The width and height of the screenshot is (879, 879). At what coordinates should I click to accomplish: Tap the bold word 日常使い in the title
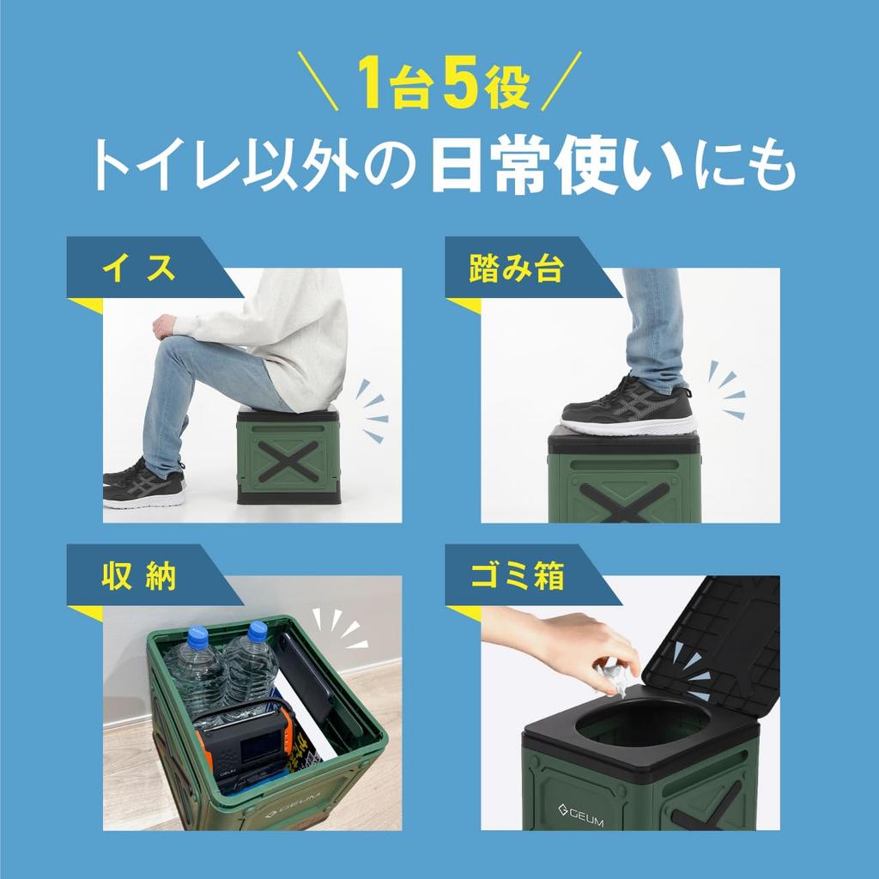click(558, 165)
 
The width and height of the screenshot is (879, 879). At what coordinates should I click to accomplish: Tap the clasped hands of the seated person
click(165, 326)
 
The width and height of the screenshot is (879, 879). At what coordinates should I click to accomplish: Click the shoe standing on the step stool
click(627, 407)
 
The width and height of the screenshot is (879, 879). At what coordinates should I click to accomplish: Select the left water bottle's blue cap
click(197, 637)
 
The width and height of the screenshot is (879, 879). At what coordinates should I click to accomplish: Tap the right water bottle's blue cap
click(258, 631)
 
